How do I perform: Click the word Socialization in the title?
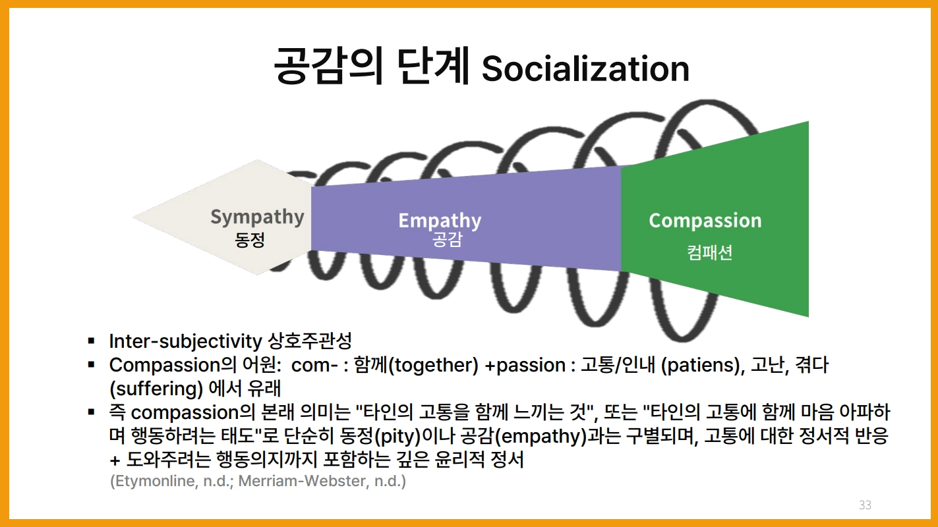click(x=585, y=69)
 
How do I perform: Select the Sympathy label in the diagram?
click(x=257, y=217)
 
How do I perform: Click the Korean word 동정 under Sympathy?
click(x=250, y=240)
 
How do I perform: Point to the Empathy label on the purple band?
click(x=440, y=221)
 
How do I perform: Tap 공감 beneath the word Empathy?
click(x=447, y=239)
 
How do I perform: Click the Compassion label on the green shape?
click(x=705, y=221)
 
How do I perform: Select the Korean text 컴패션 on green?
click(x=710, y=252)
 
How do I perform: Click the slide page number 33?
click(x=865, y=505)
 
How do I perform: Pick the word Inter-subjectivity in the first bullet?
click(x=185, y=342)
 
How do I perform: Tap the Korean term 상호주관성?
click(x=309, y=341)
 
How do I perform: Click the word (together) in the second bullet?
click(x=434, y=366)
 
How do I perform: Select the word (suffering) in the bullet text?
click(x=156, y=389)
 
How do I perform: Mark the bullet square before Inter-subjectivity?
click(x=91, y=341)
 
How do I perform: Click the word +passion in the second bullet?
click(x=525, y=366)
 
